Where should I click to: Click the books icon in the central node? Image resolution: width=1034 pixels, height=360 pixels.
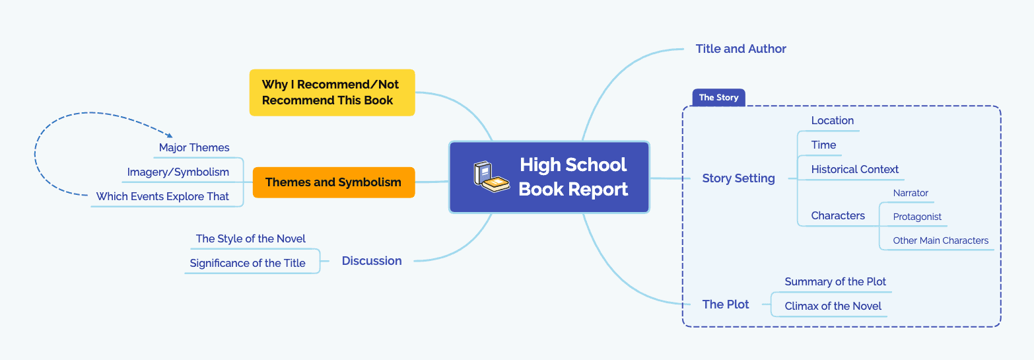(x=491, y=176)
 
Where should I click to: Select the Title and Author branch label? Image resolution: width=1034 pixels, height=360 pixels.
(x=741, y=49)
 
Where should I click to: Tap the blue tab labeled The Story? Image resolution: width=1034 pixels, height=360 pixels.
(x=718, y=97)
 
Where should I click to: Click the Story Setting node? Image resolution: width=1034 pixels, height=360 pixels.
(x=738, y=178)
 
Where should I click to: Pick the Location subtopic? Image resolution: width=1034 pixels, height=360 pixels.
(x=832, y=120)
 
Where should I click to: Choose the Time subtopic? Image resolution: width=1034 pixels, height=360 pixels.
(x=823, y=145)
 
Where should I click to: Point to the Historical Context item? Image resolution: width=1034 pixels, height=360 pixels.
(x=854, y=169)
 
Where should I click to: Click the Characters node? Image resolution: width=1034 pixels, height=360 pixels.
(x=837, y=215)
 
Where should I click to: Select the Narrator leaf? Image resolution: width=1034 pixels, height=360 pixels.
(x=911, y=193)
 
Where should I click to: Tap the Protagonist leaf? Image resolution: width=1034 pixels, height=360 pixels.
(x=917, y=217)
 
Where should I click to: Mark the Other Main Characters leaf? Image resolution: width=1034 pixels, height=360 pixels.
(x=940, y=240)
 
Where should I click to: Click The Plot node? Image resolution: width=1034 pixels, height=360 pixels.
(x=726, y=305)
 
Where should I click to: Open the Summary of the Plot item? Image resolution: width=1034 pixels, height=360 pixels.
(x=835, y=281)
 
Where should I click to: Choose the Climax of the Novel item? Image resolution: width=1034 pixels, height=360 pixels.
(x=833, y=306)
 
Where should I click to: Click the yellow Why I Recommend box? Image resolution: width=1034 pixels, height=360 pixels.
(x=331, y=92)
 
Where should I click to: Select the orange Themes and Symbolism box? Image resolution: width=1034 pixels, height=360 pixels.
(x=333, y=182)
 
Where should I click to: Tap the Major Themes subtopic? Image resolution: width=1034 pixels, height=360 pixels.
(x=194, y=147)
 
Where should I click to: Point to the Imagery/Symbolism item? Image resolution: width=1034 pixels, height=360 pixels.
(x=178, y=172)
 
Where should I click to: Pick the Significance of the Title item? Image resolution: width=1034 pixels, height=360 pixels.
(x=248, y=263)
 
